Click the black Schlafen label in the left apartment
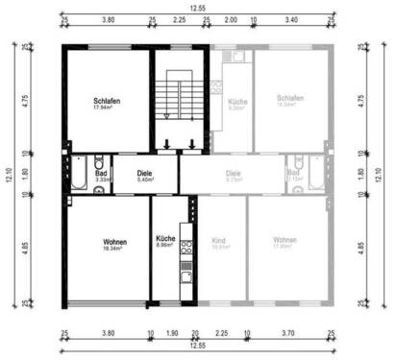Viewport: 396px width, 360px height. pyautogui.click(x=106, y=101)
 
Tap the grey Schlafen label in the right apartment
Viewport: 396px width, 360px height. pyautogui.click(x=290, y=99)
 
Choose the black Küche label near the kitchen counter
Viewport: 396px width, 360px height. pyautogui.click(x=165, y=238)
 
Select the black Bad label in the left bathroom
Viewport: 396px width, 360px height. pyautogui.click(x=102, y=172)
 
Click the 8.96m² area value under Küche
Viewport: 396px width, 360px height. pyautogui.click(x=165, y=246)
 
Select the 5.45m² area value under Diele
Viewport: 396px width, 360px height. pyautogui.click(x=146, y=180)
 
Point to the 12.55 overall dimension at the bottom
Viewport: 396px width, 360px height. pyautogui.click(x=197, y=346)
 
